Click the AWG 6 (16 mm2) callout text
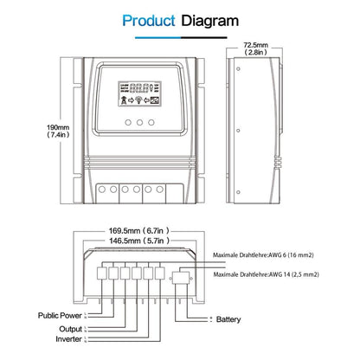pos(274,256)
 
